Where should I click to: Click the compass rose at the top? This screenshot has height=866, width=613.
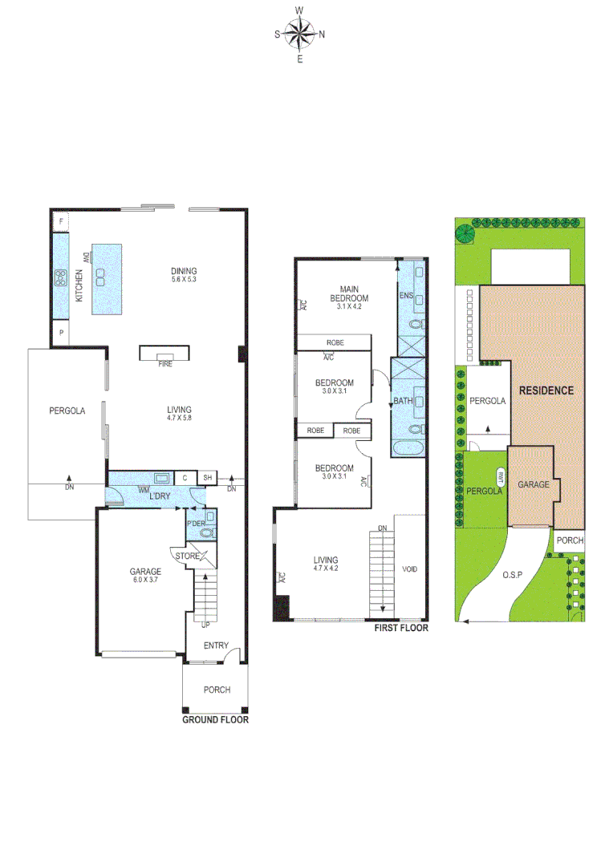coord(299,34)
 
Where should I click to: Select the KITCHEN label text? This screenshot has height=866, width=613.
coord(79,285)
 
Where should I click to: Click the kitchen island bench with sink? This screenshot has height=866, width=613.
coord(106,278)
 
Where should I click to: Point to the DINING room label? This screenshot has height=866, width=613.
coord(184,271)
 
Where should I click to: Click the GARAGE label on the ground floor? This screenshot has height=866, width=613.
coord(145,572)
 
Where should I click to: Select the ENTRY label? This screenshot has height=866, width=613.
coord(216,645)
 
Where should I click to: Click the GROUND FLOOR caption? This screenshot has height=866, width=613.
coord(215,720)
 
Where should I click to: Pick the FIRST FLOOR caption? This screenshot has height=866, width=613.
coord(401,629)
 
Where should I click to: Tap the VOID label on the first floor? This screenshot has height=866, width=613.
coord(410,569)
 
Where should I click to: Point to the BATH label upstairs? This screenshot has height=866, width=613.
coord(402,401)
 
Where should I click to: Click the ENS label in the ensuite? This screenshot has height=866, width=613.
coord(405,296)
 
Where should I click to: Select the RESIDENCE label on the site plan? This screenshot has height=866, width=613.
coord(546,391)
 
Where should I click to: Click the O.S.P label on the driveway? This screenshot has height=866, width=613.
coord(514,575)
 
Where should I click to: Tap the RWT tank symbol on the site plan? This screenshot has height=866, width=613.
coord(502,475)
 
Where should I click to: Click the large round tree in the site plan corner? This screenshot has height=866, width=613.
coord(465,233)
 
